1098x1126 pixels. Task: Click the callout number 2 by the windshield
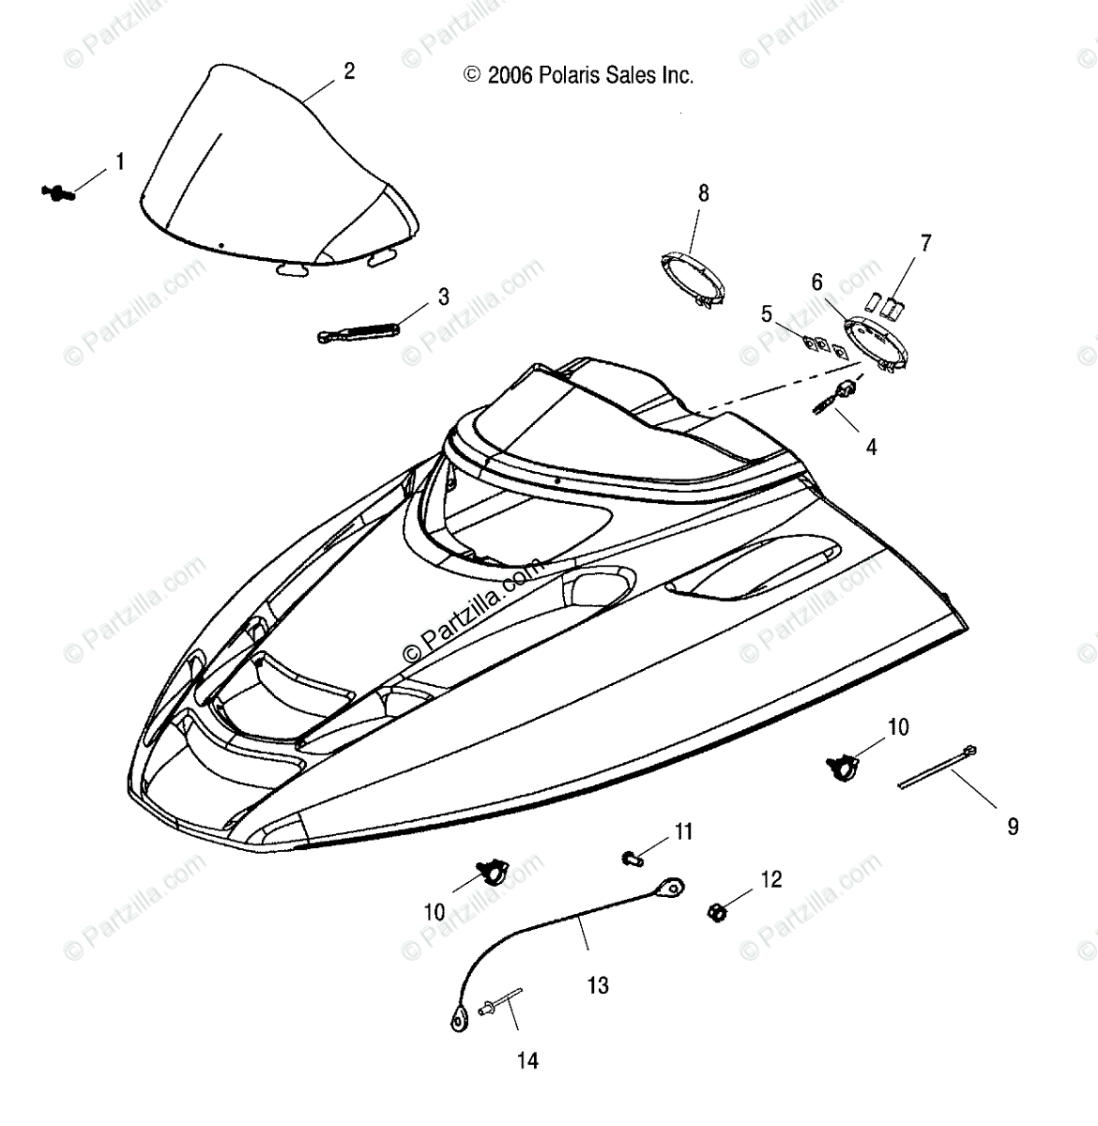tap(349, 71)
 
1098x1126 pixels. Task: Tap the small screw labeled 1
tap(58, 192)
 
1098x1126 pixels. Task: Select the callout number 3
tap(443, 297)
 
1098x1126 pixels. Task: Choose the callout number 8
tap(703, 193)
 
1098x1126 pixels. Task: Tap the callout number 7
tap(925, 244)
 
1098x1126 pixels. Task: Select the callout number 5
tap(767, 314)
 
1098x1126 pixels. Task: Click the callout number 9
tap(1013, 827)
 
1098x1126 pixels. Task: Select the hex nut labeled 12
tap(716, 911)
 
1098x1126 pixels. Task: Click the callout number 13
tap(598, 985)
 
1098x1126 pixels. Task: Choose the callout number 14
tap(527, 1060)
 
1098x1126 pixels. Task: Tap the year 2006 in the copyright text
tap(510, 75)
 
